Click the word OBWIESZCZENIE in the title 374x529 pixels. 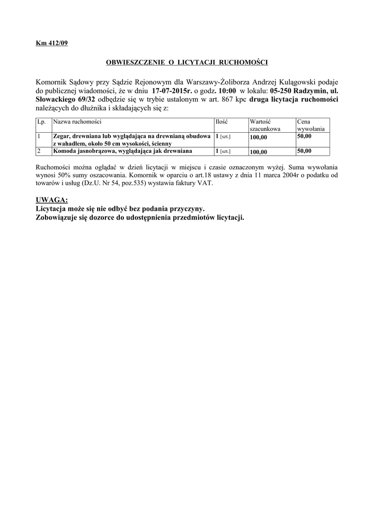click(x=132, y=62)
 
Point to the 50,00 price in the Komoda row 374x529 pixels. click(x=304, y=151)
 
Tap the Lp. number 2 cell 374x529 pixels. click(x=39, y=151)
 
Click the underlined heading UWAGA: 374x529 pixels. click(x=52, y=200)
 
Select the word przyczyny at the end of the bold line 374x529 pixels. click(x=187, y=209)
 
